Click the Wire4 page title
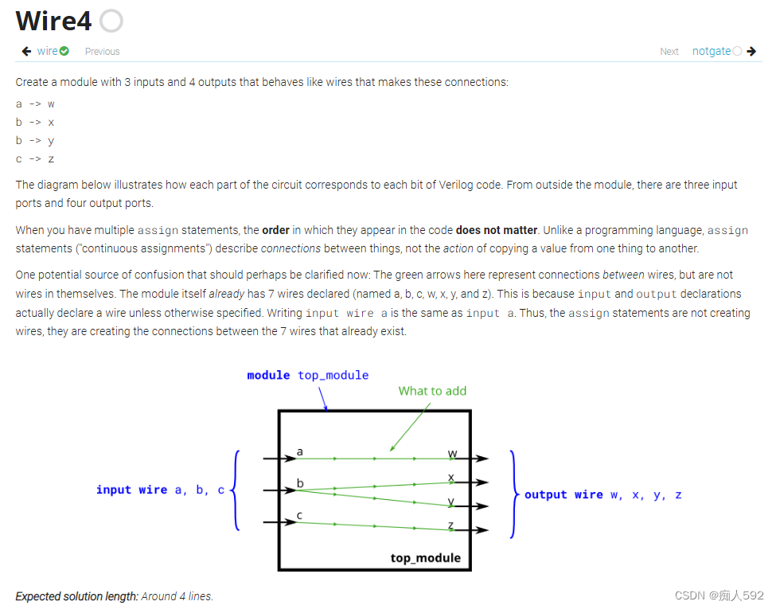click(x=53, y=21)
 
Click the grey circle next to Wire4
click(x=111, y=21)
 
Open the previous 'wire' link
click(x=47, y=51)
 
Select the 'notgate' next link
click(x=711, y=51)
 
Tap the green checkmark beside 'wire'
click(x=64, y=51)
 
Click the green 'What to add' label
click(x=432, y=391)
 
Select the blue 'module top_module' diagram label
click(x=307, y=375)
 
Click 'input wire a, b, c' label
click(x=160, y=490)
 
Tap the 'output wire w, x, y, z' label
click(x=602, y=494)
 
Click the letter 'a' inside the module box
click(x=299, y=451)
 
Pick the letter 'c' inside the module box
click(x=299, y=515)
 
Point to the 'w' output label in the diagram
click(x=452, y=453)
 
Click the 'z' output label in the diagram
click(x=451, y=524)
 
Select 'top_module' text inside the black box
click(x=425, y=557)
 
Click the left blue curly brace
click(x=236, y=490)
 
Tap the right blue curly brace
click(x=514, y=494)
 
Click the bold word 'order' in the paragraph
click(x=276, y=230)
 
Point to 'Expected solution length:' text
click(x=77, y=595)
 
